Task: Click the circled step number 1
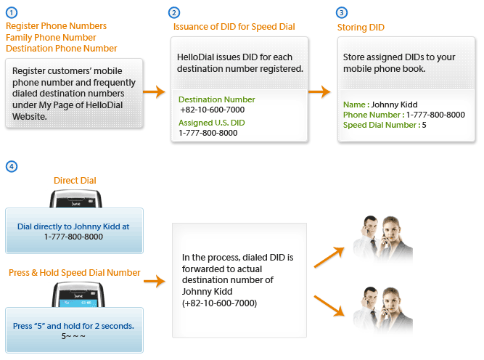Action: point(11,13)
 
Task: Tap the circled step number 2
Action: point(174,13)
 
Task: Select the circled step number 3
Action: point(343,13)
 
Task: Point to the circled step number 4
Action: point(11,166)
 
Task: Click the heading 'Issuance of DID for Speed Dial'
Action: point(234,27)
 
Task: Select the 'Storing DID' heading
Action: point(361,28)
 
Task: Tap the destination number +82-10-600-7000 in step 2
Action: point(212,110)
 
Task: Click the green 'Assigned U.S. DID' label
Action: point(211,123)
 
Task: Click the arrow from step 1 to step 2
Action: point(154,91)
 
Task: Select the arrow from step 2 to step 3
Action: point(320,91)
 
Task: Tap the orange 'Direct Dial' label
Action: point(75,180)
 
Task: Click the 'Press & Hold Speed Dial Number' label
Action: point(75,273)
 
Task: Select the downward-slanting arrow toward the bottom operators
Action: point(329,305)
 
